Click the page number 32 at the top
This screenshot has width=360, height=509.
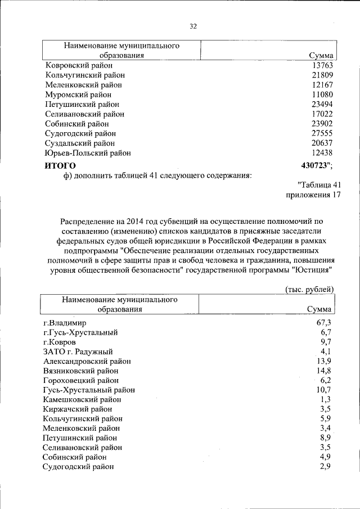[193, 26]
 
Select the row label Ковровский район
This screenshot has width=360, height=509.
[78, 65]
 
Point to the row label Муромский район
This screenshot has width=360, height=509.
[78, 94]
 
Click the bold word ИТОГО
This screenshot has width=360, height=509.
[60, 165]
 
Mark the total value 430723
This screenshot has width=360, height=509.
[316, 165]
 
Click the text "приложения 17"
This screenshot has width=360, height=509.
[313, 195]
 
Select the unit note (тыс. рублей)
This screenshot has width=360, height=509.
[307, 289]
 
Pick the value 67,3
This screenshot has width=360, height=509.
[326, 323]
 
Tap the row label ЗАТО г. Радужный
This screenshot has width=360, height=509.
[78, 352]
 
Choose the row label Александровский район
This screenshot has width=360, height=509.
[87, 361]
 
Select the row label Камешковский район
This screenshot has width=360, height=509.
[83, 399]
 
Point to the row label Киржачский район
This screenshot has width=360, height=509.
[78, 409]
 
